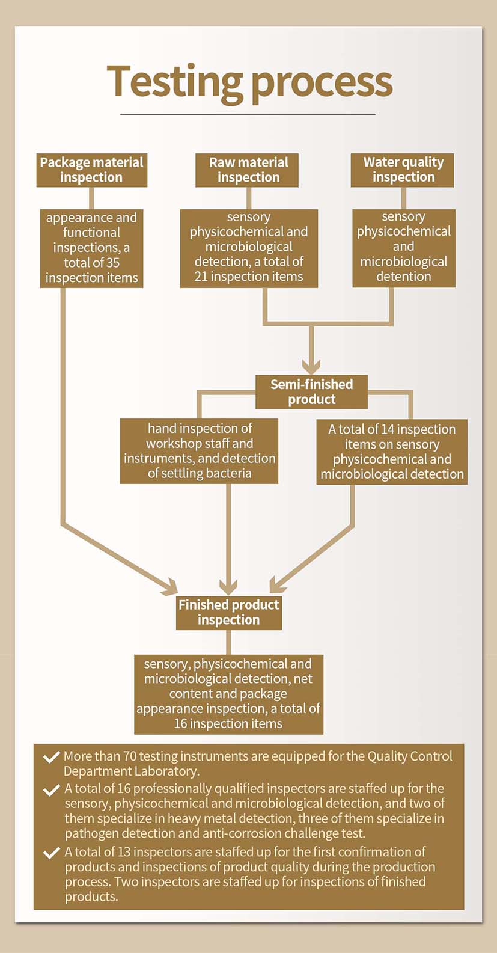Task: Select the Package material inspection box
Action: tap(91, 170)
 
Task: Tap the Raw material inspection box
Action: tap(248, 170)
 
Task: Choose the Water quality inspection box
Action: tap(403, 170)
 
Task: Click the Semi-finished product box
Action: tap(311, 391)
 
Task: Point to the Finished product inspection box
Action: tap(228, 612)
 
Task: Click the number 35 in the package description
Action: tap(112, 263)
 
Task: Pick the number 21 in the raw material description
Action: tap(201, 277)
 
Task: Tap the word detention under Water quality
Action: tap(403, 277)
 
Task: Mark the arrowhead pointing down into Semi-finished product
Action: tap(311, 366)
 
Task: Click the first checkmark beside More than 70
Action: tap(51, 757)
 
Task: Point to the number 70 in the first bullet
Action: tap(130, 756)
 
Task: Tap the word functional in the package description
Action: tap(91, 233)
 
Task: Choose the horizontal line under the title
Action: tap(248, 114)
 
